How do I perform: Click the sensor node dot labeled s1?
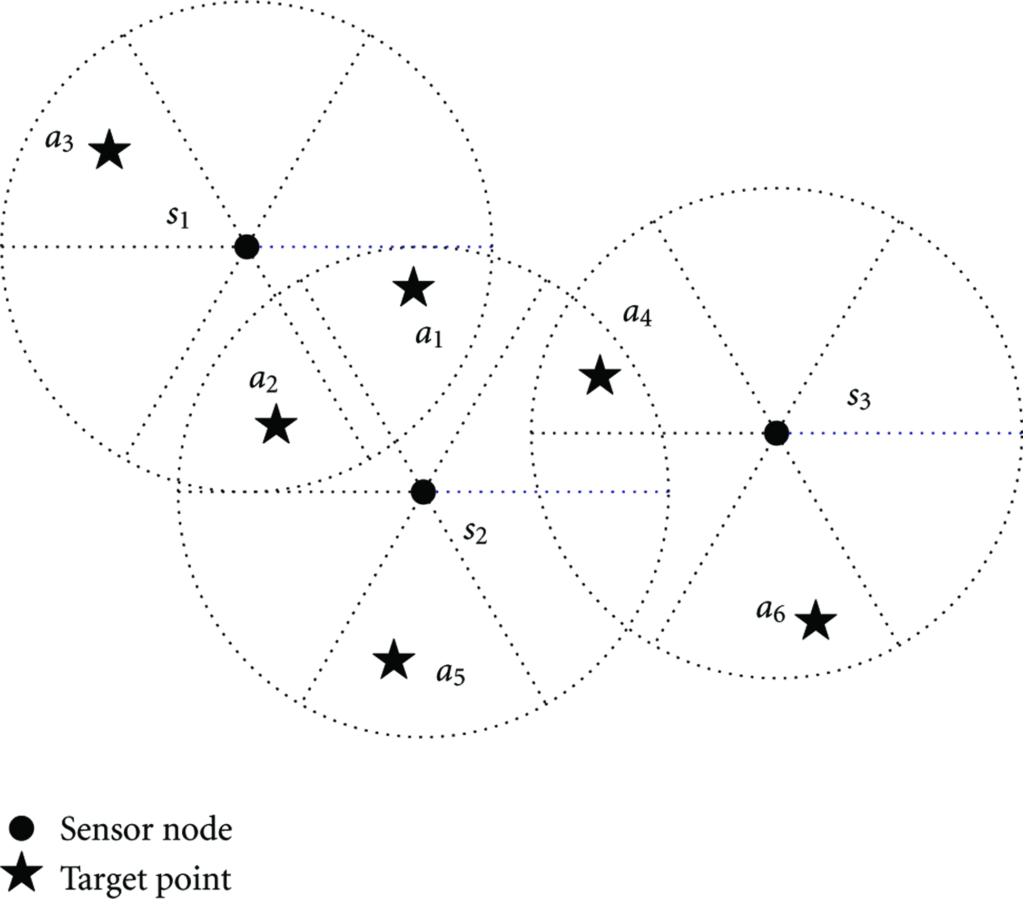pyautogui.click(x=247, y=246)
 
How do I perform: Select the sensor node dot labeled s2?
pyautogui.click(x=423, y=492)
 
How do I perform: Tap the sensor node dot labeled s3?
pyautogui.click(x=776, y=433)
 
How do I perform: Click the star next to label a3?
pyautogui.click(x=109, y=149)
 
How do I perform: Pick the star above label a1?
pyautogui.click(x=414, y=286)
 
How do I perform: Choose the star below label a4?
pyautogui.click(x=599, y=375)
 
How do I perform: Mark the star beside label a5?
pyautogui.click(x=394, y=659)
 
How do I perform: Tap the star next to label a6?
pyautogui.click(x=815, y=620)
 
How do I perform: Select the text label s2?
pyautogui.click(x=475, y=533)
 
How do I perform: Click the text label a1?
pyautogui.click(x=429, y=336)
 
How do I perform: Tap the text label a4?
pyautogui.click(x=637, y=314)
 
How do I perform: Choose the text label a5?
pyautogui.click(x=451, y=674)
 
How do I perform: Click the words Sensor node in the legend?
pyautogui.click(x=146, y=830)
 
